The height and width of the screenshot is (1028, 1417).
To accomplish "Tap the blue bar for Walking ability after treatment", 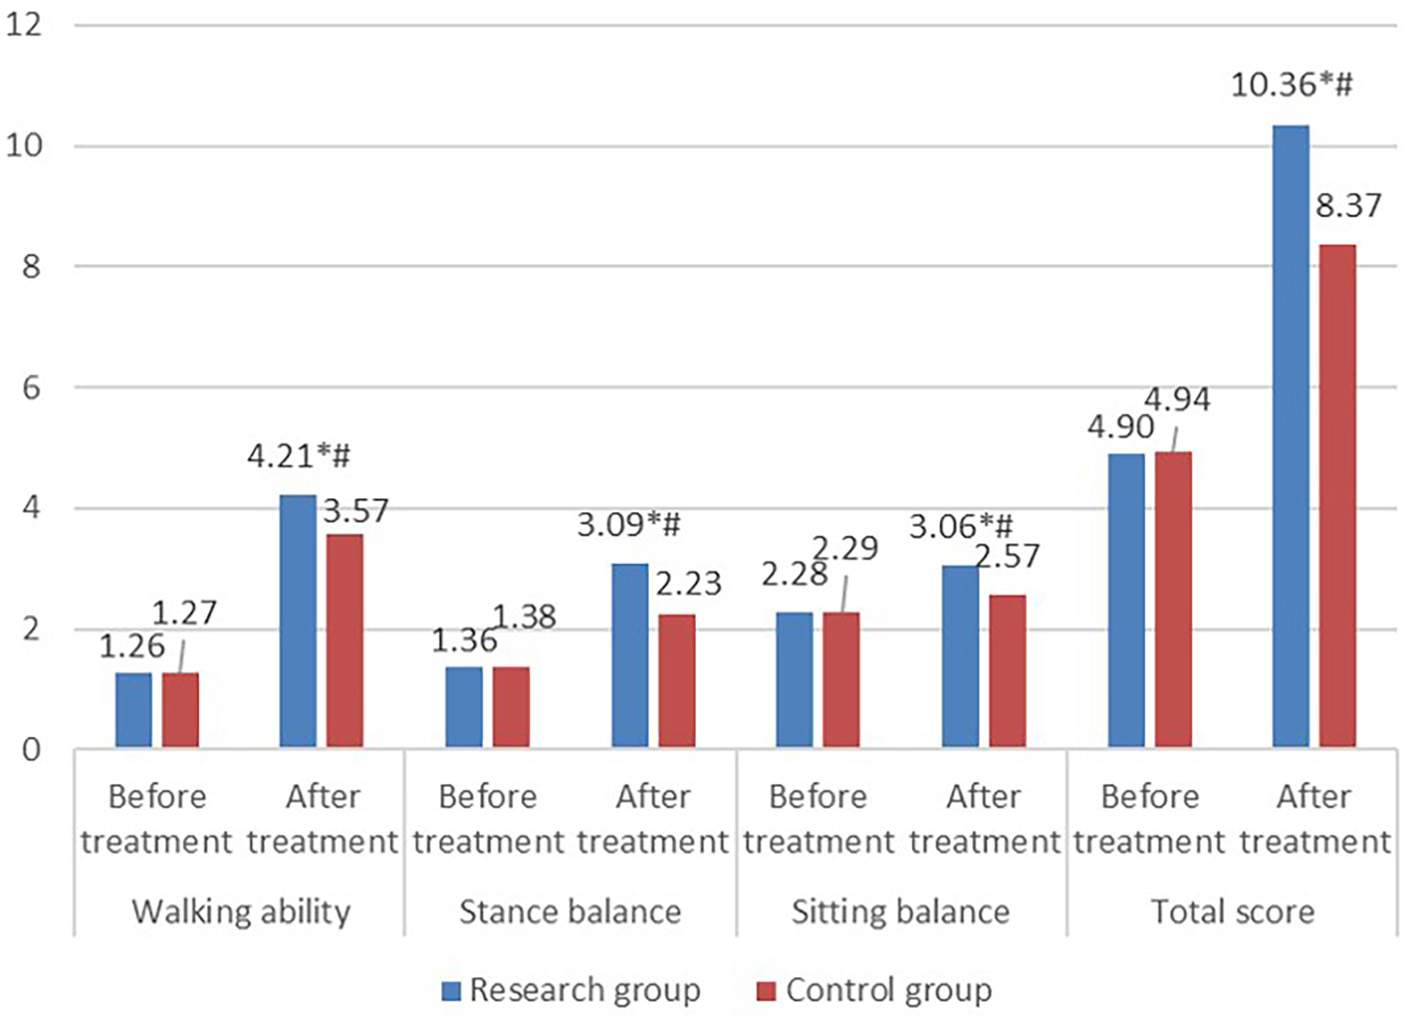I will (298, 621).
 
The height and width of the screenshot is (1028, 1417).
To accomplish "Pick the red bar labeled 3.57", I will (345, 641).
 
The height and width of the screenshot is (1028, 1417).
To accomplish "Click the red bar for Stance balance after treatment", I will (677, 681).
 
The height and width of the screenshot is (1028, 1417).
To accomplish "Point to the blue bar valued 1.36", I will (464, 707).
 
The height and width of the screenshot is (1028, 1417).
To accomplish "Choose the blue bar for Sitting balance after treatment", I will (961, 656).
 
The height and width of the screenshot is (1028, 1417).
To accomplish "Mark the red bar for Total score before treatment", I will (1173, 599).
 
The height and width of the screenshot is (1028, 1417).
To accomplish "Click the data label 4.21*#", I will (299, 457).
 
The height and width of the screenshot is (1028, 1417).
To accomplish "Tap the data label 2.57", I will (1008, 556).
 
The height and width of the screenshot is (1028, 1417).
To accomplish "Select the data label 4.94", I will (1177, 400).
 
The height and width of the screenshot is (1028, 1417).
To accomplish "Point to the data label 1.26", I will (132, 646).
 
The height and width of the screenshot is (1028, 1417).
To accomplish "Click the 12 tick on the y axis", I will (24, 24).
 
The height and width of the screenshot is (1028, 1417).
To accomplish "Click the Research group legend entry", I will (584, 990).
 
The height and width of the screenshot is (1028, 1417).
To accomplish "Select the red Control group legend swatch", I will (766, 991).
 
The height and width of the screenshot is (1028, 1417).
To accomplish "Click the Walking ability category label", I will (241, 912).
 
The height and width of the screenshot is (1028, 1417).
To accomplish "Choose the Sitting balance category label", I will (900, 912).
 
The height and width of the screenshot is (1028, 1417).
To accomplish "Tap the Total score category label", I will (1232, 912).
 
